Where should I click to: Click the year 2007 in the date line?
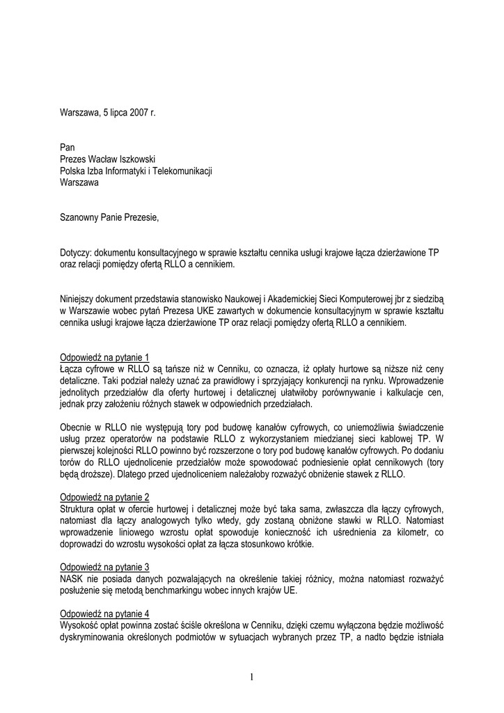point(137,111)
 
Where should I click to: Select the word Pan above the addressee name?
point(68,147)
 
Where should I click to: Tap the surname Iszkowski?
point(143,159)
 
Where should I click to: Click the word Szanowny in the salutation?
point(80,218)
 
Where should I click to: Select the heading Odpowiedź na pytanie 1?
point(104,358)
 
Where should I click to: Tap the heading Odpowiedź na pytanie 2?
point(104,497)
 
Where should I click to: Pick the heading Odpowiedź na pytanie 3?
point(104,567)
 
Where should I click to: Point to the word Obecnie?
point(77,428)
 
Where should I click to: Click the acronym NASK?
point(72,579)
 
